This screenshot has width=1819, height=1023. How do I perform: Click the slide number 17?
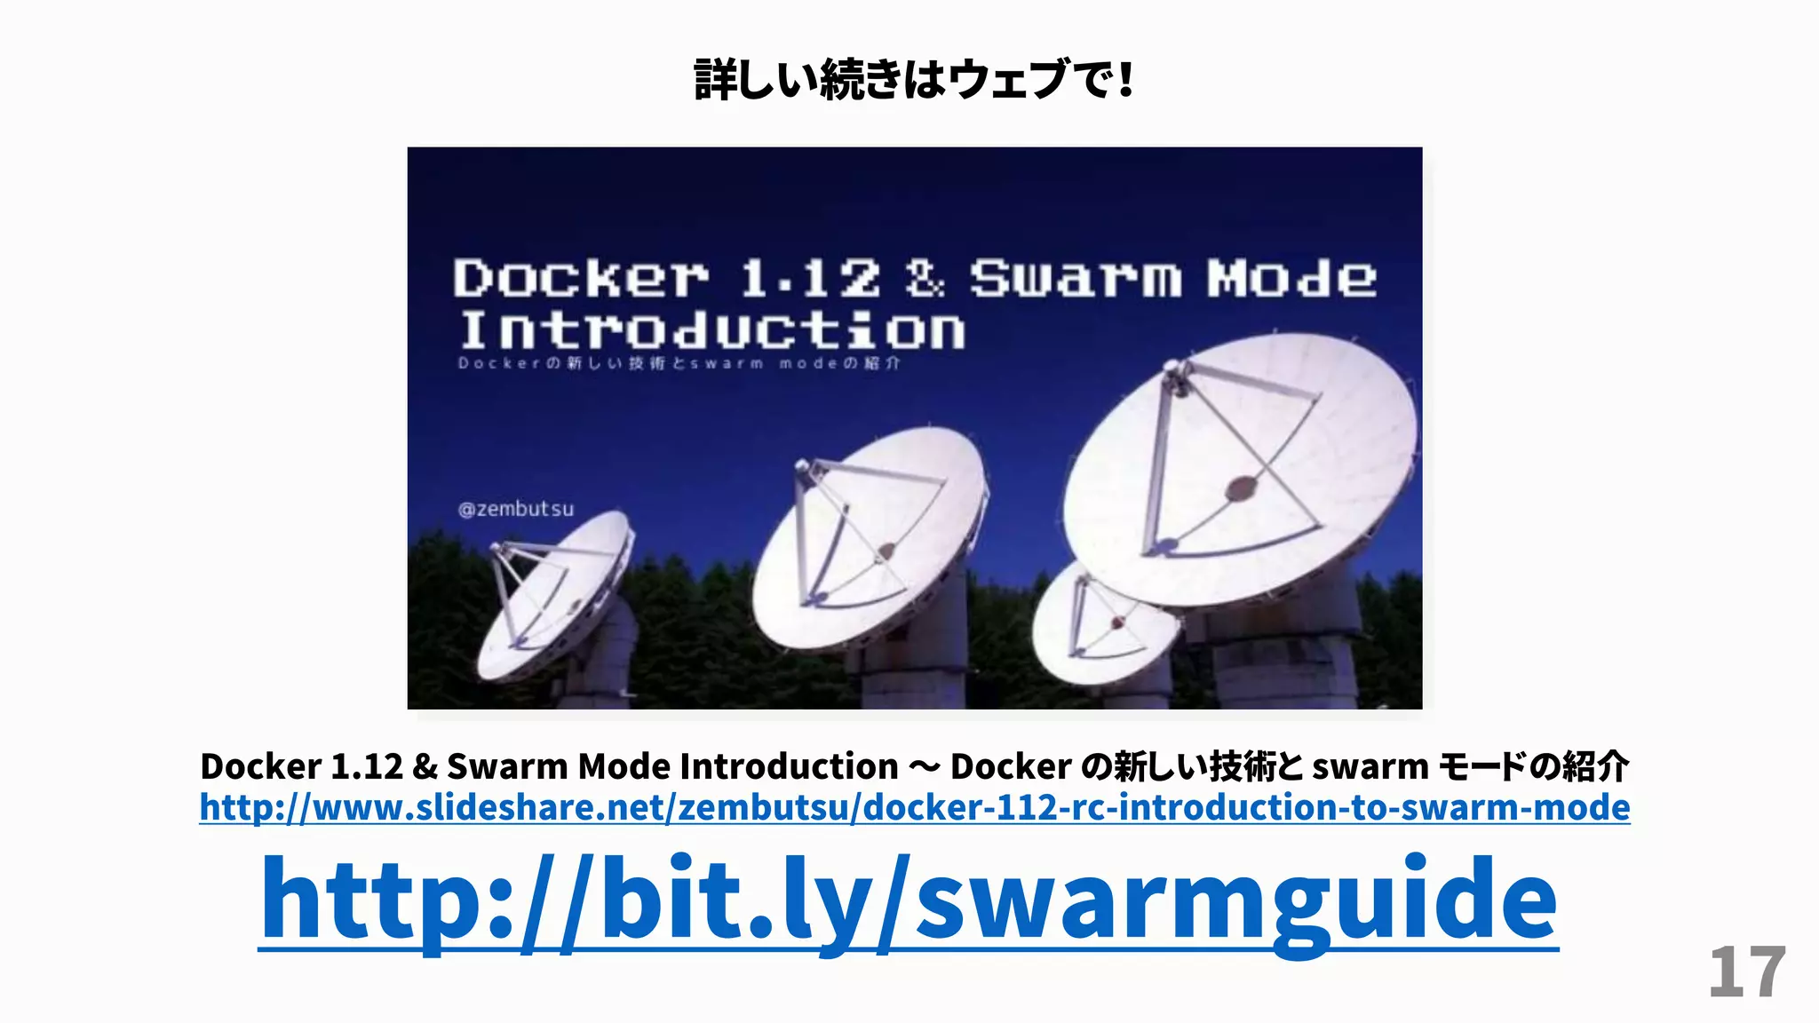1746,972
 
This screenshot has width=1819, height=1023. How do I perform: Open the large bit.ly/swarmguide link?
908,899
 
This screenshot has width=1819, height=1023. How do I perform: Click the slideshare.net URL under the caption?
914,807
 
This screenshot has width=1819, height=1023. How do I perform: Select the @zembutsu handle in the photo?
515,510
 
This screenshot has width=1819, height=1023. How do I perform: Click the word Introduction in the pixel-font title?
711,331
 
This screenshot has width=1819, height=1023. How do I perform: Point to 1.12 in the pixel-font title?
809,279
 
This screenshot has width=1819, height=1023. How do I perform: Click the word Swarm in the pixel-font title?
1075,279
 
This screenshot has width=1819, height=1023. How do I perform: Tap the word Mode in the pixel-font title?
1291,279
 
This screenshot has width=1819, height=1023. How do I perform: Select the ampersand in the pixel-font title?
925,279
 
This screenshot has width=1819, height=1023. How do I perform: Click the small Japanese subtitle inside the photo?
679,363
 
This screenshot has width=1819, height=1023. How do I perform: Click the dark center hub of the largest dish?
1241,488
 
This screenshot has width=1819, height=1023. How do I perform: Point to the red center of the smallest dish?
1117,623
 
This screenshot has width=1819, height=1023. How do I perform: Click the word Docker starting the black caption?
260,766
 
